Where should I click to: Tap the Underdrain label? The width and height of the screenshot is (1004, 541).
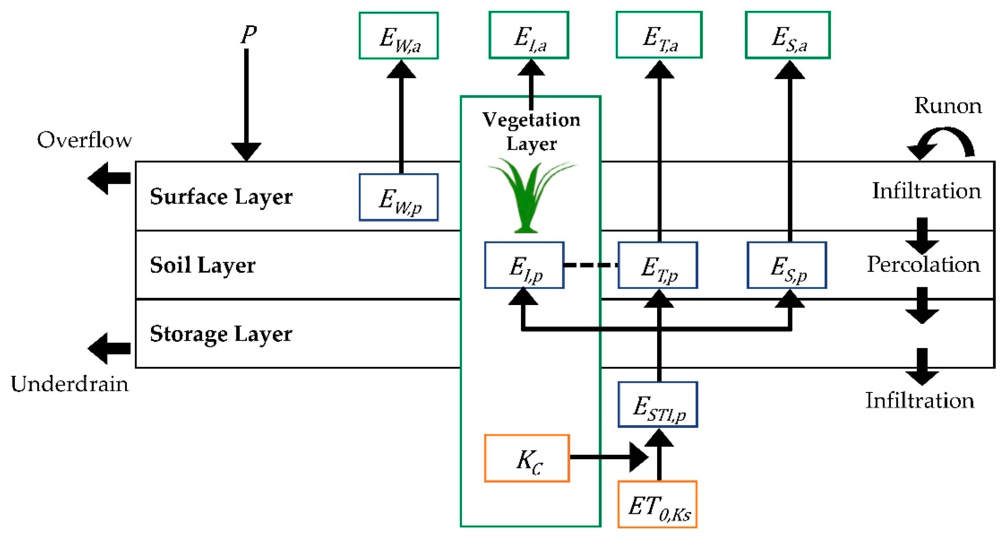(70, 384)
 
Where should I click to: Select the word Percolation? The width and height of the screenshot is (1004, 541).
(923, 264)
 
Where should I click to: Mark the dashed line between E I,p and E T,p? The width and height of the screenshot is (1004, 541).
(591, 265)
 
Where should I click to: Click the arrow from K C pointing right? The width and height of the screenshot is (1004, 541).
(609, 457)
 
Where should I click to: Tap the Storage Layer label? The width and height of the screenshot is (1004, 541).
(221, 334)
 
